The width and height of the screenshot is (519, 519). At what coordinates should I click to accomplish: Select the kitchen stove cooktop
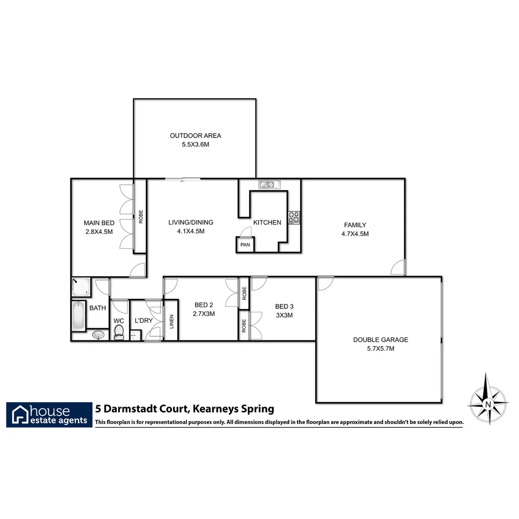coord(294,218)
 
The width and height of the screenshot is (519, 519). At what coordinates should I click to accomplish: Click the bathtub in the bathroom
coord(78,315)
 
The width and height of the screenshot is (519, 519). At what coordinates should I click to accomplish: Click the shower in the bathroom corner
coord(80,287)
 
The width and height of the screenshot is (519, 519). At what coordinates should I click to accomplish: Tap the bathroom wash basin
coord(99,334)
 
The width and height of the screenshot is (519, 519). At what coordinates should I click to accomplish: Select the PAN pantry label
coord(245,245)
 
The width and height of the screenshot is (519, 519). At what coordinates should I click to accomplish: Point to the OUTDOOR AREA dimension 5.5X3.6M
coord(195,144)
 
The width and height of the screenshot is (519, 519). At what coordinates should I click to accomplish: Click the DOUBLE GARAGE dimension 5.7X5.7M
coord(380,348)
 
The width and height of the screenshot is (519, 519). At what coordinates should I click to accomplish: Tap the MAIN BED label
coord(99,223)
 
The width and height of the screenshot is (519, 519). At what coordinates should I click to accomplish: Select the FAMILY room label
coord(355,225)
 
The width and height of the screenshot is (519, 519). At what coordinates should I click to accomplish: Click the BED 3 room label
coord(284,307)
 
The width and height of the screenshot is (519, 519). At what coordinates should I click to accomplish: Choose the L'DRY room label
coord(143,321)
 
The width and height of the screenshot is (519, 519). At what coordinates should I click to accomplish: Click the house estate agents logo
coord(49,414)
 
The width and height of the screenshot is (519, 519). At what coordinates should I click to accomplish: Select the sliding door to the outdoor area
coord(183,180)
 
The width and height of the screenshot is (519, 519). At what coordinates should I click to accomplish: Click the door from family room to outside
coord(399,268)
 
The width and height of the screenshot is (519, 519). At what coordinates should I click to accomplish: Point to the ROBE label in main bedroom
coord(141,216)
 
